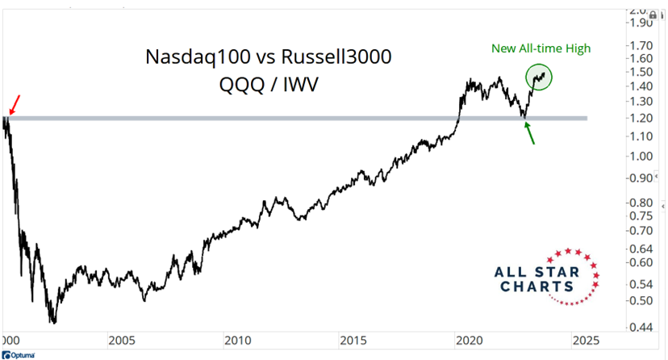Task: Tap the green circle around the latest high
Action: point(539,77)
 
